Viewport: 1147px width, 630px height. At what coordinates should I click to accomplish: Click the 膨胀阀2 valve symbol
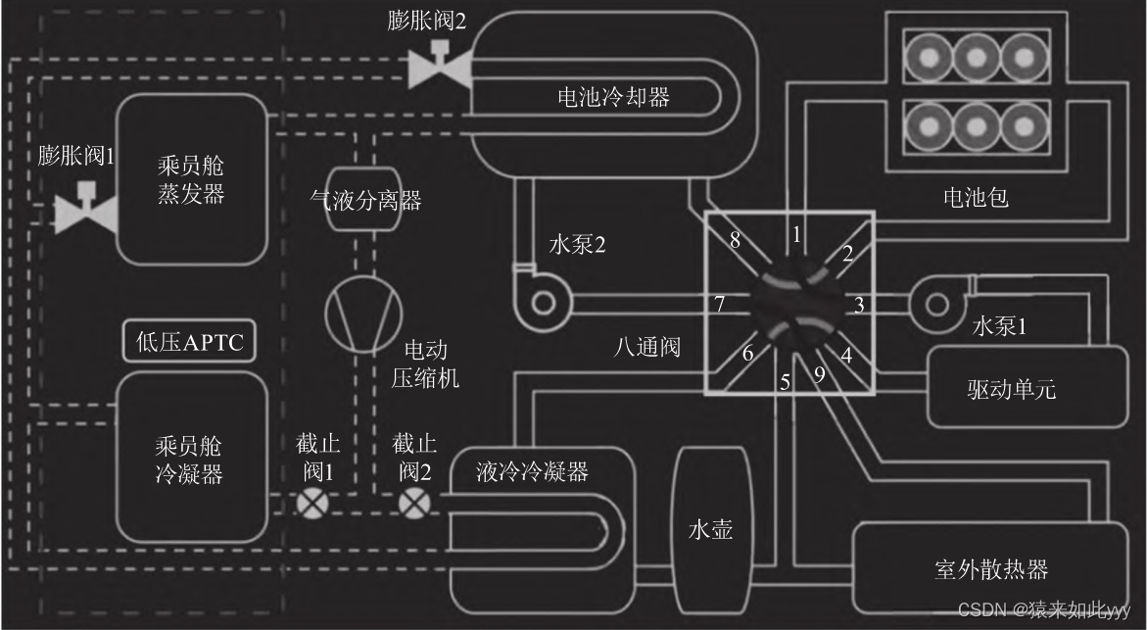pyautogui.click(x=438, y=67)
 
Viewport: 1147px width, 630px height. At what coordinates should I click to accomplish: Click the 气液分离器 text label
pyautogui.click(x=365, y=201)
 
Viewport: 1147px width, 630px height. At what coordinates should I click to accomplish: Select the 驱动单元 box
pyautogui.click(x=1010, y=386)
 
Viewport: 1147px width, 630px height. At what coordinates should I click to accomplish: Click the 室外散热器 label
pyautogui.click(x=990, y=569)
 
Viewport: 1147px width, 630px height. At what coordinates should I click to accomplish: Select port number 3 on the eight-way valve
pyautogui.click(x=859, y=305)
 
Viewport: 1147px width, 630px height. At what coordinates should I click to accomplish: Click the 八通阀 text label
pyautogui.click(x=646, y=348)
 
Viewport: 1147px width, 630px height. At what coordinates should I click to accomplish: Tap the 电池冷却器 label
pyautogui.click(x=613, y=97)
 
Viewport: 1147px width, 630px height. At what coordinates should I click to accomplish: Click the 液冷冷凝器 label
pyautogui.click(x=532, y=471)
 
